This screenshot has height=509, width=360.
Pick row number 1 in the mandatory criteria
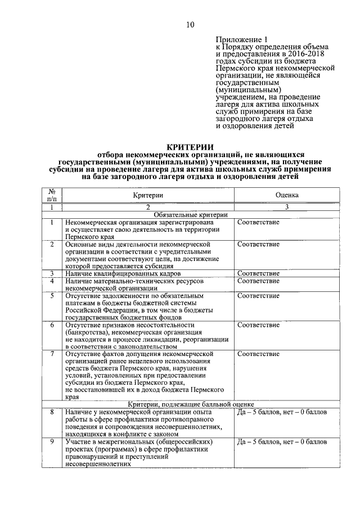[52, 222]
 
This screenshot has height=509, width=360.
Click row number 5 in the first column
[52, 295]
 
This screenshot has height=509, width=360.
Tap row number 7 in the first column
[52, 354]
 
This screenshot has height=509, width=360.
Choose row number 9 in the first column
[52, 442]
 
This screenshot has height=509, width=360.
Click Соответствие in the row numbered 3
[258, 273]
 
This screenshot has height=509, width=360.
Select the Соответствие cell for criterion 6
[258, 325]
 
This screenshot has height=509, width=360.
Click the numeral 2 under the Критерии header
[148, 207]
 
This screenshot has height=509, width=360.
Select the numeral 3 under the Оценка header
[286, 207]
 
